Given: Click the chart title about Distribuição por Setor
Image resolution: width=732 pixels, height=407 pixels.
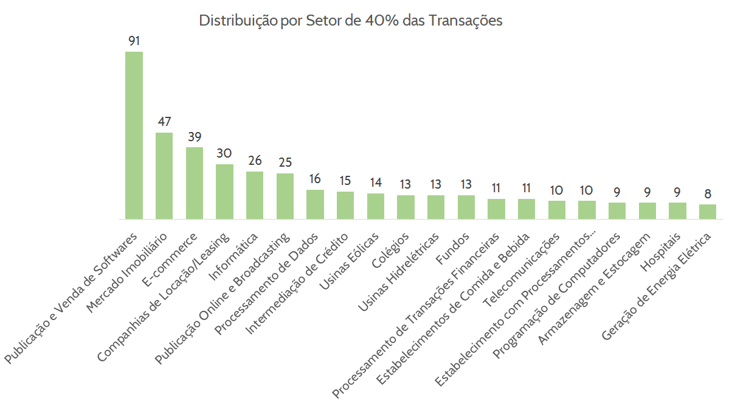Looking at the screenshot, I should click(351, 20).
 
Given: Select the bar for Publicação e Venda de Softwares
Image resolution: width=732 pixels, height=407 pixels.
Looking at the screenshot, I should click(134, 135).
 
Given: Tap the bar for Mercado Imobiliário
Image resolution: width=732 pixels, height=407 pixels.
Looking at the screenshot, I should click(164, 175).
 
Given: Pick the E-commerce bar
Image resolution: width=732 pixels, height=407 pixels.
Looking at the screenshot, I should click(195, 183).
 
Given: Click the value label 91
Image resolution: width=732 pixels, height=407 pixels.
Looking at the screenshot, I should click(134, 41).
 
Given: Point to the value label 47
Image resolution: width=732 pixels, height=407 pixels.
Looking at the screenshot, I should click(164, 122).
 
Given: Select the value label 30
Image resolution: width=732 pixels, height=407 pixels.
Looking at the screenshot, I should click(224, 153).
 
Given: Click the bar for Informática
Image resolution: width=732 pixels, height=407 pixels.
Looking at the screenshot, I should click(255, 195).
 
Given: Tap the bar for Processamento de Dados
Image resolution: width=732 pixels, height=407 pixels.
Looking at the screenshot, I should click(315, 204).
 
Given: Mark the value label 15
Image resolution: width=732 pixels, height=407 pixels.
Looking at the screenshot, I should click(345, 181).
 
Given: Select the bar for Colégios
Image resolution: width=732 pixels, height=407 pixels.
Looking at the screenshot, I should click(406, 207).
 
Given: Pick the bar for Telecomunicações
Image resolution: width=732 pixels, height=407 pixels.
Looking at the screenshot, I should click(557, 209).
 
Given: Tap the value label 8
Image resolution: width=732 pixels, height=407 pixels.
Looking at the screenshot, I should click(708, 194).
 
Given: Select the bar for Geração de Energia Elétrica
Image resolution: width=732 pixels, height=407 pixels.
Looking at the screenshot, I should click(708, 211).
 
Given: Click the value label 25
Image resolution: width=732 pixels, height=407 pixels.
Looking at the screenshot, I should click(285, 162).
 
